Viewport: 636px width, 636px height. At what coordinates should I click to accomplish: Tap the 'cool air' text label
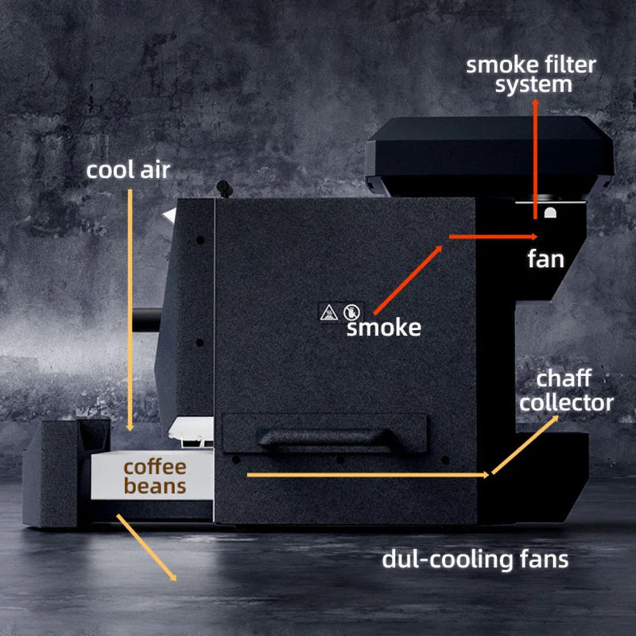click(x=128, y=170)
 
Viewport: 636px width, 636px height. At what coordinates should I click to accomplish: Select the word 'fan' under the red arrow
click(x=545, y=259)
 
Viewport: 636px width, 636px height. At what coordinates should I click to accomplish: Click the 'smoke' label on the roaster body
click(x=383, y=327)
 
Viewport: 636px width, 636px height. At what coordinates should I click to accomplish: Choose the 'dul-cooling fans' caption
click(x=475, y=559)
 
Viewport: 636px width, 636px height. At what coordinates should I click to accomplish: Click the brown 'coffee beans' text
click(x=154, y=475)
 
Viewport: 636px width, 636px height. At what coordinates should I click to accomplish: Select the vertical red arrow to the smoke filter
click(x=535, y=159)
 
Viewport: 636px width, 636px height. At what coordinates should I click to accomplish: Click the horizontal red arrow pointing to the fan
click(x=493, y=236)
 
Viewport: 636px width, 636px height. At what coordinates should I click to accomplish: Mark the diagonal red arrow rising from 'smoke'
click(x=407, y=278)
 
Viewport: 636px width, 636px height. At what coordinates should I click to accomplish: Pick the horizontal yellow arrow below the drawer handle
click(x=366, y=475)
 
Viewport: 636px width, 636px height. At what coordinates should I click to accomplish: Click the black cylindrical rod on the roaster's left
click(x=146, y=320)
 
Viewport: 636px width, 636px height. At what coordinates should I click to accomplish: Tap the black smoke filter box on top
click(x=489, y=156)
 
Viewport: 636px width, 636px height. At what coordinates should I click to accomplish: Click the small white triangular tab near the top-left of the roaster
click(x=168, y=215)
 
